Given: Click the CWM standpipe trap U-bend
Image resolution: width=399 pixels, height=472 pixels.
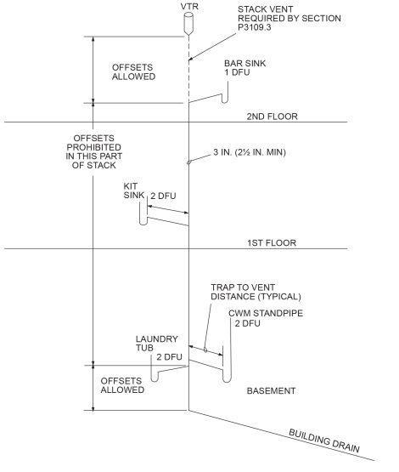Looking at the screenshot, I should click(x=226, y=377).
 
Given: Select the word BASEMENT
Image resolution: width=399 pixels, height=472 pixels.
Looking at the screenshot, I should click(x=270, y=391).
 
